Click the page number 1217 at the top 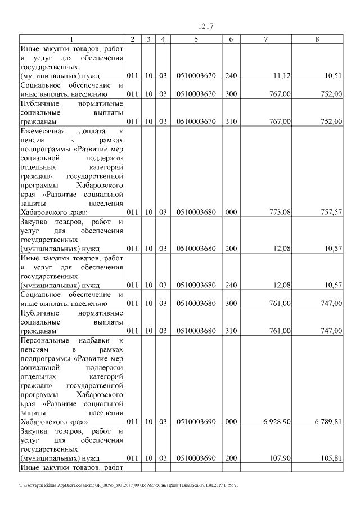pyautogui.click(x=206, y=26)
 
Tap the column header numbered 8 pyautogui.click(x=318, y=39)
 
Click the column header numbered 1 pyautogui.click(x=71, y=39)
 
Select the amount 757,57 pyautogui.click(x=330, y=213)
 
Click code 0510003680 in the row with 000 pyautogui.click(x=195, y=213)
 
